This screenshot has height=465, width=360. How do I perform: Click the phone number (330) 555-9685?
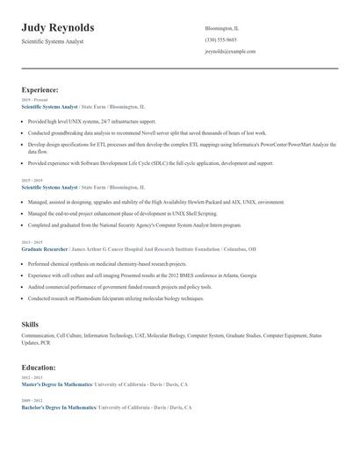point(220,39)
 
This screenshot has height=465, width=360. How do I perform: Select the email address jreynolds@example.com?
point(230,52)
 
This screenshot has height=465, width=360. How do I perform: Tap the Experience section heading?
point(40,89)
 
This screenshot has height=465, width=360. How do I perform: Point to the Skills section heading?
point(30,325)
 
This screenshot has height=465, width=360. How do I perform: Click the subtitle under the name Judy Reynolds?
point(53,42)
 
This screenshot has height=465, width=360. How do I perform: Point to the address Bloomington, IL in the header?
point(222,28)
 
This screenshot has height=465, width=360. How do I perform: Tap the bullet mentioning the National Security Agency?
point(134,225)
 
